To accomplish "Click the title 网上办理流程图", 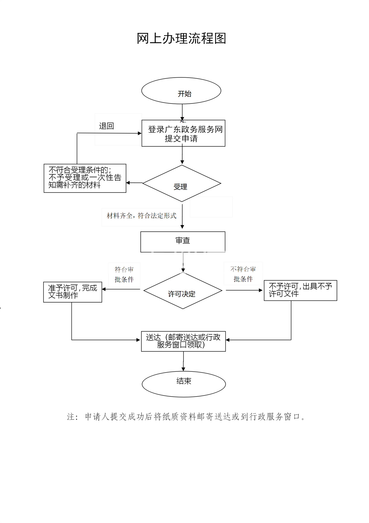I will [181, 38].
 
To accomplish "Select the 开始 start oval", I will [181, 91].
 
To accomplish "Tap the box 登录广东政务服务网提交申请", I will [183, 133].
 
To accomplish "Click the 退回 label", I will [106, 126].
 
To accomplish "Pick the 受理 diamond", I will [182, 184].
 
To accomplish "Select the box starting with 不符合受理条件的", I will [85, 178].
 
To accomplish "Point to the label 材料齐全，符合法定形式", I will [141, 216].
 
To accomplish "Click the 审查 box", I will [183, 242].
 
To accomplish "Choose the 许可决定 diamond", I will [183, 291].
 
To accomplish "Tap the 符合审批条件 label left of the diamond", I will [124, 275].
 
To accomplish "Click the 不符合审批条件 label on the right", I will [243, 274].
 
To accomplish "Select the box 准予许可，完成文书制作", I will [73, 292].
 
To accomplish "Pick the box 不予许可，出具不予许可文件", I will [300, 290].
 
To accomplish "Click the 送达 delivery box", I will [183, 341].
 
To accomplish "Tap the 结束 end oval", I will [184, 384].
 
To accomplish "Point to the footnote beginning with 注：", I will [186, 417].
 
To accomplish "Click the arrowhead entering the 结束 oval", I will [183, 369].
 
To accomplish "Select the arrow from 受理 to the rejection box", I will [134, 183].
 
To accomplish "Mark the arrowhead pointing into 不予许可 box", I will [260, 290].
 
